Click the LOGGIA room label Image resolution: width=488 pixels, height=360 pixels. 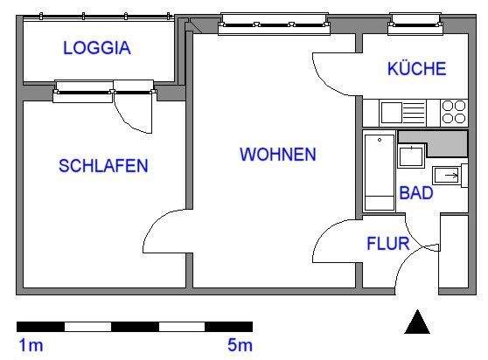pyautogui.click(x=97, y=49)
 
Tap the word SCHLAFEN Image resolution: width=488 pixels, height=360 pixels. pyautogui.click(x=102, y=165)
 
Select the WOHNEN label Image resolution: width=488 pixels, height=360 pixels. pyautogui.click(x=278, y=155)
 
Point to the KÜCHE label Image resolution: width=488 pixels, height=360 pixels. pyautogui.click(x=416, y=69)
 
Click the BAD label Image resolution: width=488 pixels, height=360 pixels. pyautogui.click(x=416, y=193)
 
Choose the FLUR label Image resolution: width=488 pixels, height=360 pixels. pyautogui.click(x=387, y=243)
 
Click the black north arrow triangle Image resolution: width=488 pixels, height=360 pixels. pyautogui.click(x=418, y=322)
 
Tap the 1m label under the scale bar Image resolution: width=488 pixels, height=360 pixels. pyautogui.click(x=30, y=346)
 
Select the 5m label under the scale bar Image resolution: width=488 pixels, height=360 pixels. pyautogui.click(x=241, y=346)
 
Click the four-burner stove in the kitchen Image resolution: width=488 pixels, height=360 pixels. pyautogui.click(x=454, y=112)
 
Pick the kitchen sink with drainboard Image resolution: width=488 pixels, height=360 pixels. pyautogui.click(x=402, y=112)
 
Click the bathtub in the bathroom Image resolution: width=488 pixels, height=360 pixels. pyautogui.click(x=380, y=171)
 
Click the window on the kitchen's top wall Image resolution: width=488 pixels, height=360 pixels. pyautogui.click(x=415, y=22)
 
